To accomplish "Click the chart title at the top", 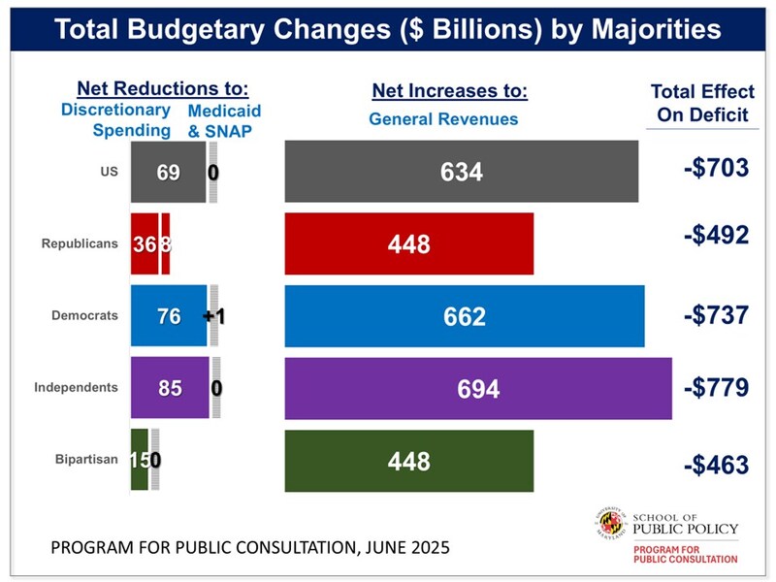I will (x=388, y=29).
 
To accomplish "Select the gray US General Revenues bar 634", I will (x=461, y=172).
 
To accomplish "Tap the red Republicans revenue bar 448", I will (x=408, y=243).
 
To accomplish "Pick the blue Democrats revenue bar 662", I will (x=464, y=316).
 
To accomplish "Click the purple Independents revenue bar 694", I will (x=477, y=388).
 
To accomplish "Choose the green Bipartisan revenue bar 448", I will (x=408, y=461).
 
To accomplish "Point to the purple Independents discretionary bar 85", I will (x=170, y=388).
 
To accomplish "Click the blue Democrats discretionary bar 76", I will (x=169, y=316).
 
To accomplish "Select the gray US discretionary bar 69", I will (x=168, y=172).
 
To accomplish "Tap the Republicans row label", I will (x=80, y=243).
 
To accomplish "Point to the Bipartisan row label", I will (x=86, y=460).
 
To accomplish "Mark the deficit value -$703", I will (x=716, y=168).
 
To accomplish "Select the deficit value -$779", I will (x=716, y=388).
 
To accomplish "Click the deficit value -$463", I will (x=716, y=464).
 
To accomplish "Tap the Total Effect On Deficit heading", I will (x=701, y=103).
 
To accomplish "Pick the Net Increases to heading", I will (x=449, y=92).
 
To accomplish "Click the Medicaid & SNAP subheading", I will (x=224, y=120).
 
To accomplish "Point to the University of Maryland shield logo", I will (x=608, y=525).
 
